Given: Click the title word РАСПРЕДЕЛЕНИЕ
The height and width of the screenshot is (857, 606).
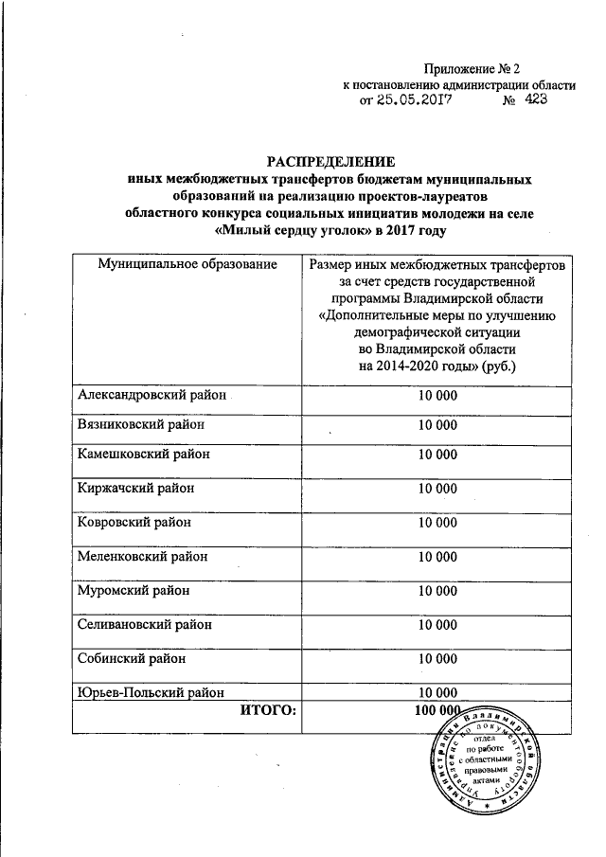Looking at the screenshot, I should coord(330,160).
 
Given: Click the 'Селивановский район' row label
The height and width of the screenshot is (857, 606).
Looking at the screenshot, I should coord(144,624).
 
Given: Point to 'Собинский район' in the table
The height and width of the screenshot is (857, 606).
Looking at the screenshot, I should coord(132,658).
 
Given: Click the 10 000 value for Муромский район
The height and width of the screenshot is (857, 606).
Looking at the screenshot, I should coord(437,590).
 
